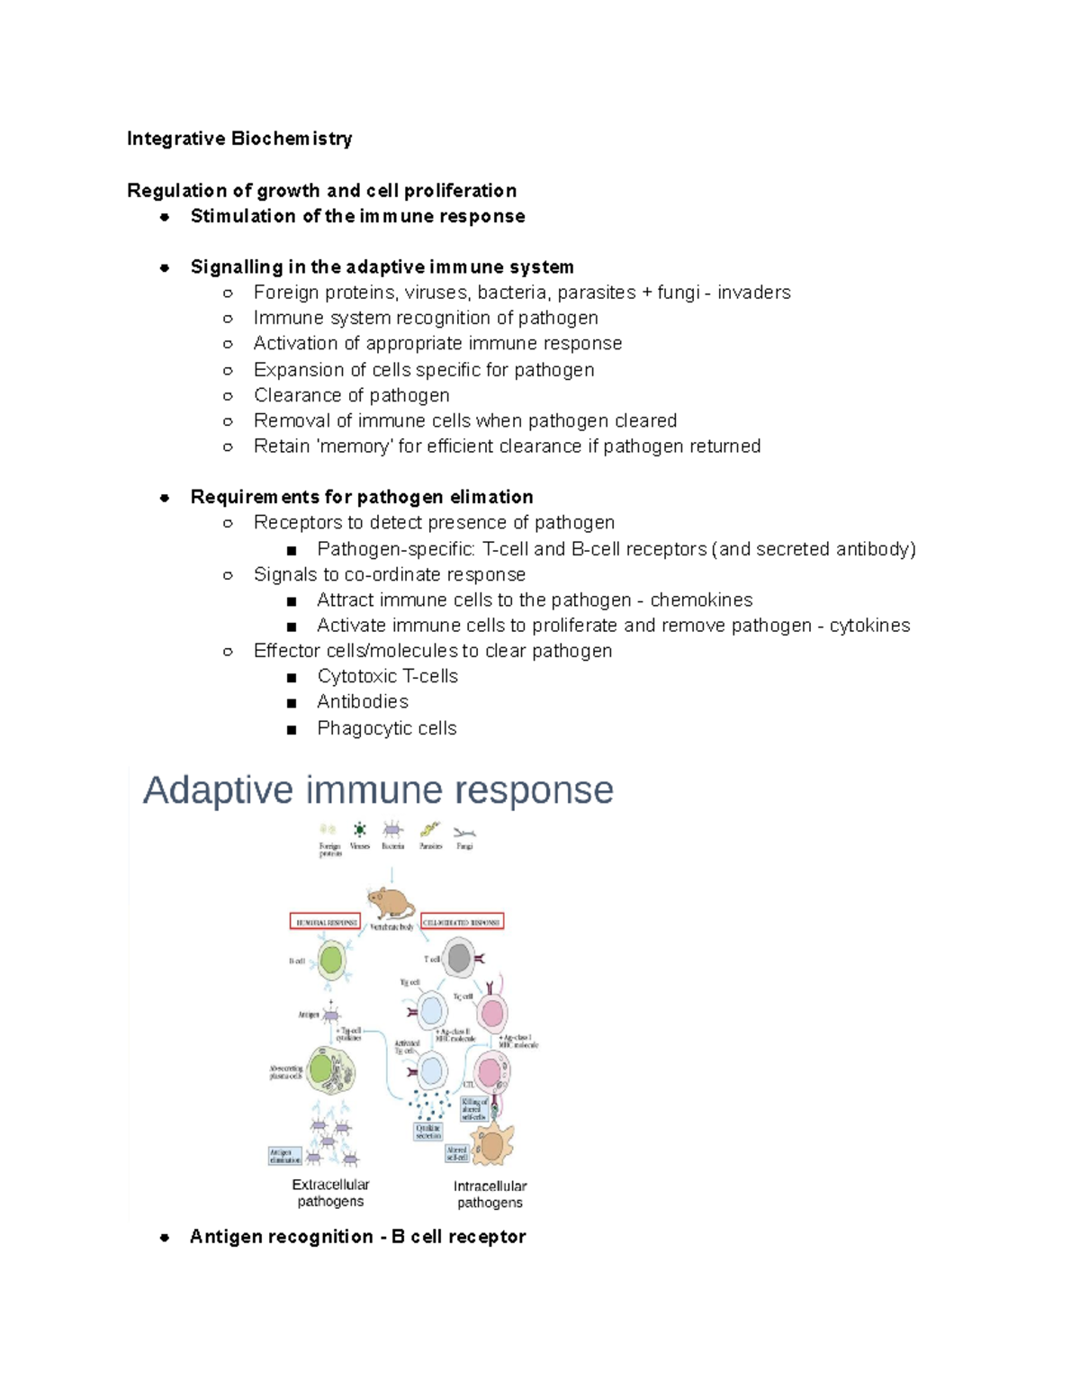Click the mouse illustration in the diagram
coord(391,903)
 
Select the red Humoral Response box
coord(325,922)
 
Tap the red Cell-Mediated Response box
coord(462,922)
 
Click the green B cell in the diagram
coord(331,961)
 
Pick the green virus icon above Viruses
coord(359,829)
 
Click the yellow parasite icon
coord(430,829)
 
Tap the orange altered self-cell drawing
coord(492,1145)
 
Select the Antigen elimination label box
coord(285,1156)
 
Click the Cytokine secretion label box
coord(428,1132)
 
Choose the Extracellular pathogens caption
coord(330,1193)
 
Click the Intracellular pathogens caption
coord(490,1195)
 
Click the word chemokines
coord(701,600)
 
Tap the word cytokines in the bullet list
coord(869,626)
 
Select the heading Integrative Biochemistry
coord(239,139)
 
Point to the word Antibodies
coord(363,702)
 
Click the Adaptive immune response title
coord(378,790)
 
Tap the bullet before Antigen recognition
coord(165,1238)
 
